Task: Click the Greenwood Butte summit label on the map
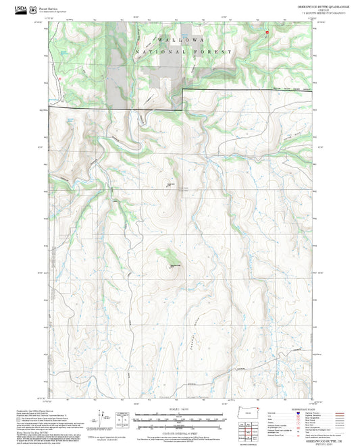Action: click(x=174, y=265)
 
